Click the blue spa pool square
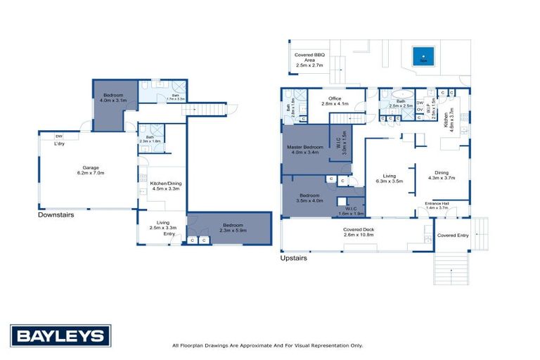[x=423, y=54]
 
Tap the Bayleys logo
[x=60, y=335]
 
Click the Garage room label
[x=89, y=168]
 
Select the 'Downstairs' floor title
[x=56, y=215]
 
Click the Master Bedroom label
[x=304, y=148]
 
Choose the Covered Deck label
[x=358, y=230]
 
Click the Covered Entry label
[x=452, y=235]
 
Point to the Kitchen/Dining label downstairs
[x=165, y=184]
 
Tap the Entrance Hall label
[x=437, y=204]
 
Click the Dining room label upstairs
[x=442, y=173]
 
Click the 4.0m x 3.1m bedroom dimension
[x=114, y=100]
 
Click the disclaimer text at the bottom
[x=267, y=345]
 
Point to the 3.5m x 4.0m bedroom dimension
[x=309, y=200]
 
